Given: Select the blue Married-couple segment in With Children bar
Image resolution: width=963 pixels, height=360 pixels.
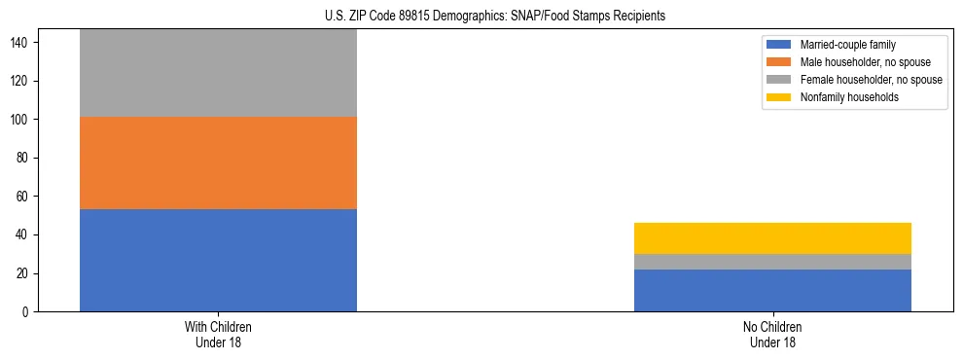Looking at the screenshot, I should (218, 260).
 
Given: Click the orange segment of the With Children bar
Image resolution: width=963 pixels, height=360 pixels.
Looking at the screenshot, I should (218, 163).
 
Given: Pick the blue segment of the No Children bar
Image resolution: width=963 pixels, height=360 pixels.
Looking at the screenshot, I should (772, 290).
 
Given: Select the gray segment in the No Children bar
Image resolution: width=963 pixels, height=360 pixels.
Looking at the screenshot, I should (772, 262).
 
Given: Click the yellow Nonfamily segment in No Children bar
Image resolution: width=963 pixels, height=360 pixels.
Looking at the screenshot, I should (772, 238).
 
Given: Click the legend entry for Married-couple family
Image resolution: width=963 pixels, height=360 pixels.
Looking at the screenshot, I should (848, 45).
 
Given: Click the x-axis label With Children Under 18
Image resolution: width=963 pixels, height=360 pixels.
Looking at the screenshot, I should (218, 334).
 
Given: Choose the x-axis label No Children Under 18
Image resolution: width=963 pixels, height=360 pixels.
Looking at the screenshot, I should (772, 334).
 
